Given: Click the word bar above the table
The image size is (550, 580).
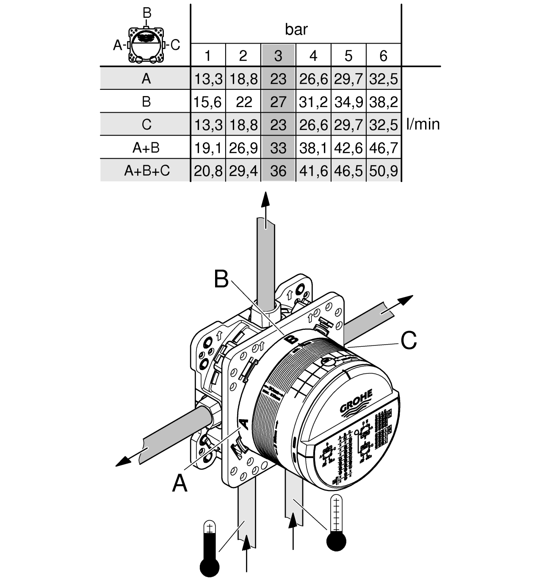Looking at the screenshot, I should tap(296, 30).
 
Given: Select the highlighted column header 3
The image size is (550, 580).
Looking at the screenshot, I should tap(278, 55).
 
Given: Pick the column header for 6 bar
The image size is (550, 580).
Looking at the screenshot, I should tap(383, 55).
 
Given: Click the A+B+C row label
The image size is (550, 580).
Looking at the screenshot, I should tap(146, 171).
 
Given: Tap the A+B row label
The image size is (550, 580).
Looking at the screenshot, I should tap(146, 148).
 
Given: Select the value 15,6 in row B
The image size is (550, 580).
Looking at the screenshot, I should tap(207, 102).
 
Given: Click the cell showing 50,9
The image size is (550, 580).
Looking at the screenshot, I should tap(383, 171).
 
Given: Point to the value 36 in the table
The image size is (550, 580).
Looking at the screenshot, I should tap(278, 171).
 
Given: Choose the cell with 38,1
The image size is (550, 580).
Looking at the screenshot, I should tap(313, 148).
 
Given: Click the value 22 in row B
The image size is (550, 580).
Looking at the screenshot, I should tap(243, 102).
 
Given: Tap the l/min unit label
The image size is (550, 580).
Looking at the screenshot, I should tap(423, 124).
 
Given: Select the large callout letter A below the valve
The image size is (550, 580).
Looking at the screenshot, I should tap(180, 483).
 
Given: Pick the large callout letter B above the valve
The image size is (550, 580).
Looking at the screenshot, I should tap(221, 279).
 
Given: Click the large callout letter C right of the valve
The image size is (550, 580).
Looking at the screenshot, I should tap(408, 340).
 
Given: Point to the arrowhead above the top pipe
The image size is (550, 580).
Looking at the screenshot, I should tap(265, 200).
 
